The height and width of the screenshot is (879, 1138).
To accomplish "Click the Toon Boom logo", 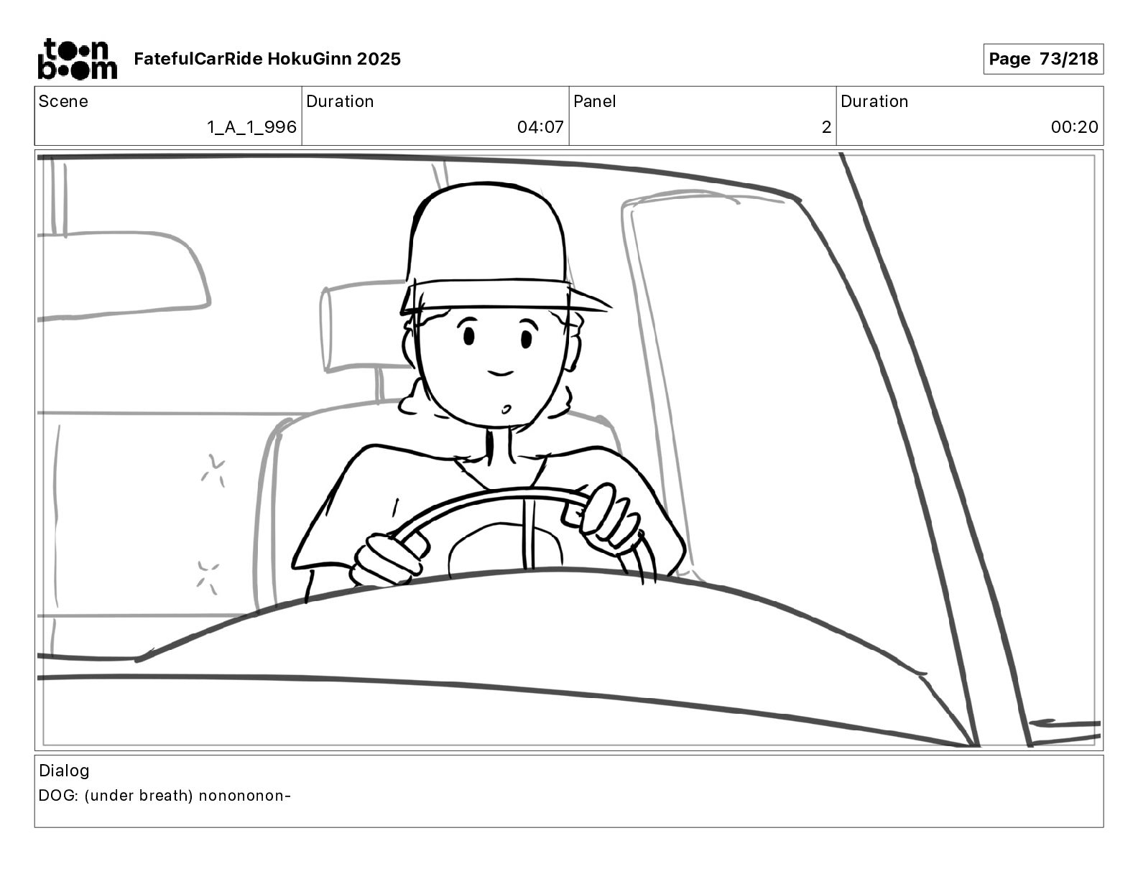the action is coord(78,59).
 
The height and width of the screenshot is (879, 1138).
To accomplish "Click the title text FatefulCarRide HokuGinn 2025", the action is coord(267,59).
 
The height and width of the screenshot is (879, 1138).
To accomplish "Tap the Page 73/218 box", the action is coord(1042,59).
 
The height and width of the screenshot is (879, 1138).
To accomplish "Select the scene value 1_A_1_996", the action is coord(252,127).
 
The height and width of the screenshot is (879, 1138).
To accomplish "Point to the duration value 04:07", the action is coord(540,127).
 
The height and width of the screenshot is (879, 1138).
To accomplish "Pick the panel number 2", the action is coord(826,127).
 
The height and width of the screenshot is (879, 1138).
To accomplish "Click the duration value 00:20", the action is coord(1074,127).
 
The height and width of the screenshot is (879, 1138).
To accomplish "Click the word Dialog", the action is coord(64,771).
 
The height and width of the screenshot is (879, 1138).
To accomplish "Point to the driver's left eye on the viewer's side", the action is coord(468,335).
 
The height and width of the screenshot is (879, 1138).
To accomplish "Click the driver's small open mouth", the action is coord(506,409).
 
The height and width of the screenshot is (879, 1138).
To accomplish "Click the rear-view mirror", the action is coord(124,275).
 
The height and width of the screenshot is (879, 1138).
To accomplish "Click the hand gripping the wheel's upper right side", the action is coord(608,520).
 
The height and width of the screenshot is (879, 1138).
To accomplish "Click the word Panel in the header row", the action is coord(594,101).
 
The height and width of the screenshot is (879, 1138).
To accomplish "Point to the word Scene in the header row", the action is coord(63,101).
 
